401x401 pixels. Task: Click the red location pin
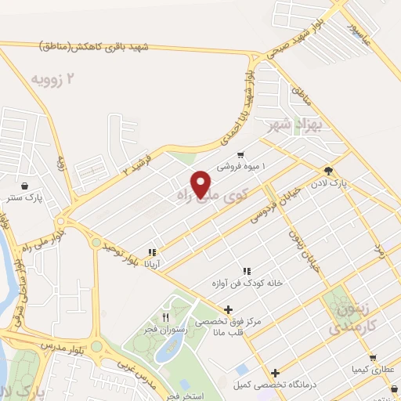point(202,183)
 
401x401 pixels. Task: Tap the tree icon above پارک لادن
point(327,172)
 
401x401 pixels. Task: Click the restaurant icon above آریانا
point(152,252)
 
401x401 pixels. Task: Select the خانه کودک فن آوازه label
point(245,280)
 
